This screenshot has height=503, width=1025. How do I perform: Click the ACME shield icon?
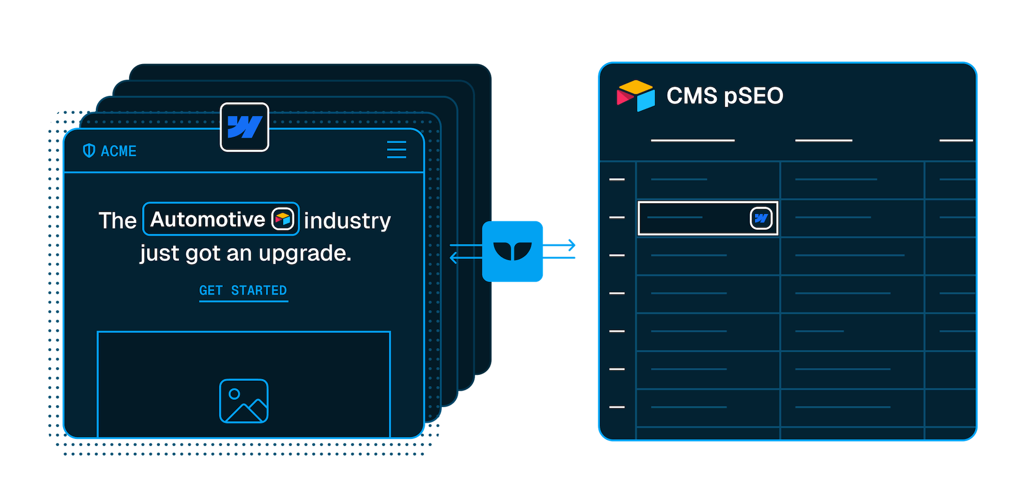(89, 151)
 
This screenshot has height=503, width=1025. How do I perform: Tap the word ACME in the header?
(118, 151)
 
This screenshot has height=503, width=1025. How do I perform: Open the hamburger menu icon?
(397, 149)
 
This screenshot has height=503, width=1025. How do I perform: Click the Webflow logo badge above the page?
(244, 127)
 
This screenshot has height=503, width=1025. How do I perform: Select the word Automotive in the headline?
(208, 219)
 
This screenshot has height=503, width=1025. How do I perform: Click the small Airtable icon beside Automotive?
(283, 219)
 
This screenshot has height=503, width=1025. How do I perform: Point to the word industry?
(347, 221)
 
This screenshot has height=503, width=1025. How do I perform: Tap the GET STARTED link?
(243, 291)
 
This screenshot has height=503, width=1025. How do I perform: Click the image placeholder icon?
(244, 401)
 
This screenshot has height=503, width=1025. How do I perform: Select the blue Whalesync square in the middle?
(512, 251)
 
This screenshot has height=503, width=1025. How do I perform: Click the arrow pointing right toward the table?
(559, 245)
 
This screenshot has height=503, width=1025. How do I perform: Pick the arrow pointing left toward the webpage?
(466, 257)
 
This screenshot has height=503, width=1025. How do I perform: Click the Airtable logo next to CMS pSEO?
(636, 96)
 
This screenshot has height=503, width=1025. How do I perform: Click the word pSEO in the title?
(754, 96)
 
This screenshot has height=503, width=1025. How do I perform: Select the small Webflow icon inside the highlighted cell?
(761, 218)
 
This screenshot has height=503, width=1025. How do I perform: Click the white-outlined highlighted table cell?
(707, 218)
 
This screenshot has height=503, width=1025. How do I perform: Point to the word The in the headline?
(117, 221)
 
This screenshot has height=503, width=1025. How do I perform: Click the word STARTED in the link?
(259, 291)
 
